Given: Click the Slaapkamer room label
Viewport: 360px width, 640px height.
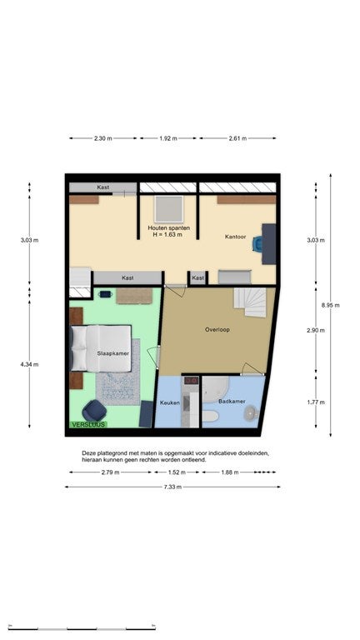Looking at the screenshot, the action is click(113, 353).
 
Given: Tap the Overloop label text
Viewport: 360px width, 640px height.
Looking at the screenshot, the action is click(217, 329).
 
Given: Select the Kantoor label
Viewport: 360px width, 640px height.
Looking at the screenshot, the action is click(236, 237).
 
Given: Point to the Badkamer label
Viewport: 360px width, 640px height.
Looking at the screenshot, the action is click(232, 401).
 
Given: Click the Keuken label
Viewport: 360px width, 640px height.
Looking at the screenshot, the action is click(170, 402).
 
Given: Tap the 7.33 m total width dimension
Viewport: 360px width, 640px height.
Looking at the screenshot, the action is click(173, 487).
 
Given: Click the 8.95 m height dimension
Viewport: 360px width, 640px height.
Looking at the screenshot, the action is click(331, 305).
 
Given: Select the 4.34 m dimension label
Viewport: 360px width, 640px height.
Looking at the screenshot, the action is click(29, 364).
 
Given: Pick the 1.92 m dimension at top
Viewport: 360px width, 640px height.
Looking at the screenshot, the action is click(168, 138).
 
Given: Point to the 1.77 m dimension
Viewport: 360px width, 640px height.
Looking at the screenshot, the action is click(316, 402).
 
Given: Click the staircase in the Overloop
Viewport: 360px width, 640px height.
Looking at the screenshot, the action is click(249, 302).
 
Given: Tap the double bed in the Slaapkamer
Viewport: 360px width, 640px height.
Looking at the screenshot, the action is click(101, 348).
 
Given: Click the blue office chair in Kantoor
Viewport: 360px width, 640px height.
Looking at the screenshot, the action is click(257, 243).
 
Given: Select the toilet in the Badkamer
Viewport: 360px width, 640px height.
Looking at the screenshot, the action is click(211, 417).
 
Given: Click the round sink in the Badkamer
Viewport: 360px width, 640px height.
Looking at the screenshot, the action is click(250, 414).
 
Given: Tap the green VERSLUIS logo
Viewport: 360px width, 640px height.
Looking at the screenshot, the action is click(88, 424).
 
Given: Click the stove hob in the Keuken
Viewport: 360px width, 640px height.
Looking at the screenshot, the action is click(190, 380).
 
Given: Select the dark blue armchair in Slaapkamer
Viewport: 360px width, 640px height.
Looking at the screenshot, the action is click(94, 410).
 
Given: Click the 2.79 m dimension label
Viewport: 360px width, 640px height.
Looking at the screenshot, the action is click(111, 472).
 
